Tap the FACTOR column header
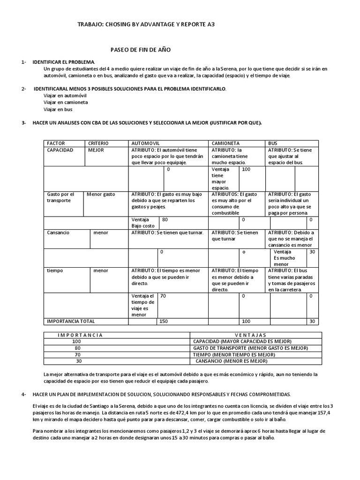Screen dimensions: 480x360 click(x=56, y=143)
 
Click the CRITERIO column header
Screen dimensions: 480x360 click(x=98, y=143)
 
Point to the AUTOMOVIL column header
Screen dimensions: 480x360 click(x=146, y=143)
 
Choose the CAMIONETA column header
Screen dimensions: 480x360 click(x=226, y=143)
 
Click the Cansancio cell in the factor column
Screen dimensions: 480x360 click(x=58, y=232)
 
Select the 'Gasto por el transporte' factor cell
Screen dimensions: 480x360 click(x=60, y=197)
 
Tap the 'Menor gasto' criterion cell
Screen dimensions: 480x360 click(x=101, y=194)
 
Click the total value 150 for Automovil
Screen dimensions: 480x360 click(x=164, y=321)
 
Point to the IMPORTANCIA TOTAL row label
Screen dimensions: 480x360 click(x=70, y=321)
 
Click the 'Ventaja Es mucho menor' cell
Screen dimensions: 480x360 click(x=285, y=258)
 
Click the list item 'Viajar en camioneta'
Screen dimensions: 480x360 click(x=66, y=102)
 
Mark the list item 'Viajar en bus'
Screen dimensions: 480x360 click(x=58, y=109)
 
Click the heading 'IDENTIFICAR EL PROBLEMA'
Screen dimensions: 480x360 click(x=63, y=62)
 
